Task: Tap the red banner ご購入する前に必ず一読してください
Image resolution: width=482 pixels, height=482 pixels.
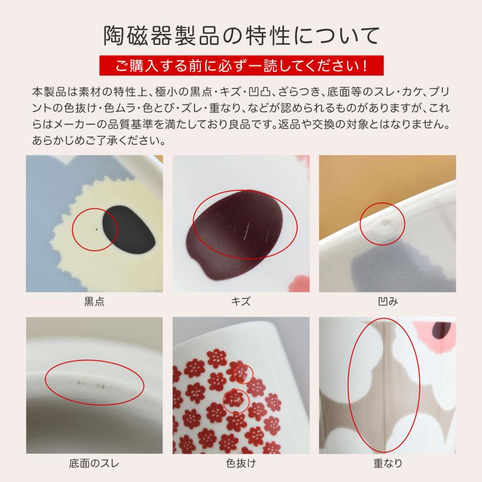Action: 241,66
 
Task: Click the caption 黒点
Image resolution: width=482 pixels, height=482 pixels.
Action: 94,302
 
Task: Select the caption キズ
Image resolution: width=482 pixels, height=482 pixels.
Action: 241,302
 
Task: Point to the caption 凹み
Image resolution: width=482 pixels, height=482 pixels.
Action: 387,302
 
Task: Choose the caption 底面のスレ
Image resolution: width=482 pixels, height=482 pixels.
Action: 94,463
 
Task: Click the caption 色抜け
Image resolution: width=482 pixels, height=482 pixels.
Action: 241,463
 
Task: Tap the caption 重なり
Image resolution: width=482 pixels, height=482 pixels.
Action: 387,463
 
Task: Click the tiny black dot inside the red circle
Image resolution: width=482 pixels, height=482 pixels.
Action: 96,230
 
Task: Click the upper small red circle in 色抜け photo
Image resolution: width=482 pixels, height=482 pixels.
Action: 244,373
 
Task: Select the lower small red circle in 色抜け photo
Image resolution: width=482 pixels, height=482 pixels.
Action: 236,400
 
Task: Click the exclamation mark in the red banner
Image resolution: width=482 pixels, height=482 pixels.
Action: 365,66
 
